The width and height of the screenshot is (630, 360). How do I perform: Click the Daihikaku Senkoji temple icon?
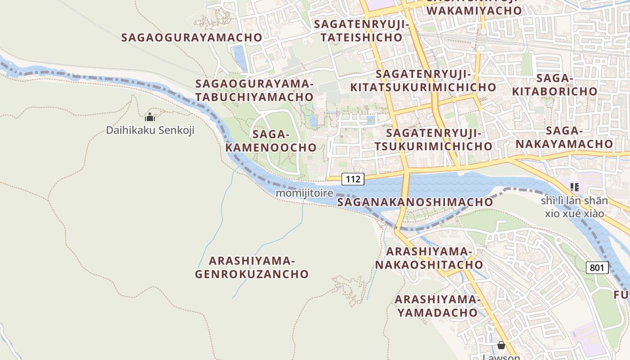point(150,117)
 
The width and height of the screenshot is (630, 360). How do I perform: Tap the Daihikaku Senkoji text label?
point(150,130)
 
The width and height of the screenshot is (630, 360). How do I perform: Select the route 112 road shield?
point(353,179)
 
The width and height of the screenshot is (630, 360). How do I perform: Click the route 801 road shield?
point(597,268)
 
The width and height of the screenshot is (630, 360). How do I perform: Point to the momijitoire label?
point(304,193)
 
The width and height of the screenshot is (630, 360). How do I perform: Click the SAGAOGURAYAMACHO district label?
point(192,37)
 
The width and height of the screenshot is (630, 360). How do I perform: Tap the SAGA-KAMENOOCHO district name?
point(271,141)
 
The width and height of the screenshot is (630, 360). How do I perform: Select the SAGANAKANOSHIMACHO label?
point(415,202)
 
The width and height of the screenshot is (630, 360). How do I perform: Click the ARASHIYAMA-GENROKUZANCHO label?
point(252,267)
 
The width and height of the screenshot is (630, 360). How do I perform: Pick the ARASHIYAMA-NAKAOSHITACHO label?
point(429,258)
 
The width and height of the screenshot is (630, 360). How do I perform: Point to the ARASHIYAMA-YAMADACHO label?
point(437,306)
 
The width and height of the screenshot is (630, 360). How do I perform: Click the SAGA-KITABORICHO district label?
point(555,85)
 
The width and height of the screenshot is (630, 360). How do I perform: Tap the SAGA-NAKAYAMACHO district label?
point(564,137)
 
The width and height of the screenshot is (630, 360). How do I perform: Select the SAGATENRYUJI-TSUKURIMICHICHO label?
point(433,139)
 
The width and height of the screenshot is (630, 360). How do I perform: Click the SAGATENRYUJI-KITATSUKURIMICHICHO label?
point(423,81)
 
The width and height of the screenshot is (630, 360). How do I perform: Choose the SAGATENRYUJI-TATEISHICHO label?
point(362,31)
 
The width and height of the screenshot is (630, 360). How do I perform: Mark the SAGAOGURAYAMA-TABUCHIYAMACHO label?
point(254,90)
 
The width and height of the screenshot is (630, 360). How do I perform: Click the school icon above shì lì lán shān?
point(574,187)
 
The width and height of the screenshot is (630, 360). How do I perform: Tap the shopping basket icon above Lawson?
point(501,345)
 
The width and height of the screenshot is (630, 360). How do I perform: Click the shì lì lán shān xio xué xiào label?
point(574,207)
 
